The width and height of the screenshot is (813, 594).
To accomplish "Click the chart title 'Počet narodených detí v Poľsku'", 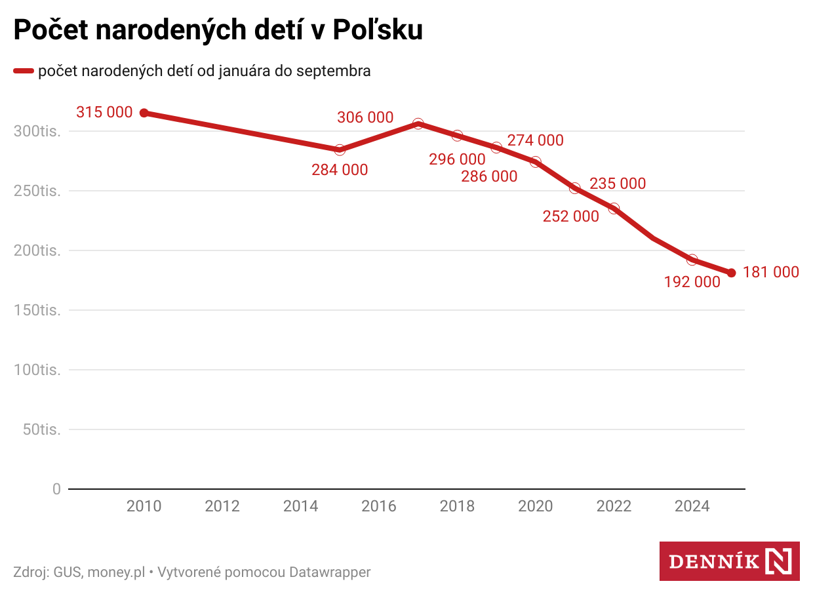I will click(x=218, y=31).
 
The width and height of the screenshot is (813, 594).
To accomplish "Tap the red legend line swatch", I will click(x=24, y=71).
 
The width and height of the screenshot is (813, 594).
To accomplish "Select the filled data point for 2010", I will click(x=144, y=113).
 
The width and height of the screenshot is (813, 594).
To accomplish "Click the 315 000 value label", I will click(x=104, y=112).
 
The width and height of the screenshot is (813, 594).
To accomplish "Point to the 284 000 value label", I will click(x=340, y=170).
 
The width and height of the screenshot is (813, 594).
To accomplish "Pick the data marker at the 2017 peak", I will click(x=418, y=124).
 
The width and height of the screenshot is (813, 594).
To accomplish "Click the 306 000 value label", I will click(x=365, y=117).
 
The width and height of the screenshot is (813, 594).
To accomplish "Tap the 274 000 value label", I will click(x=535, y=140).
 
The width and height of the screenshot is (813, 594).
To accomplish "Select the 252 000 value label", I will click(x=570, y=216).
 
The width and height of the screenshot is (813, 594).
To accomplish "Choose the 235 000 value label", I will click(x=618, y=184).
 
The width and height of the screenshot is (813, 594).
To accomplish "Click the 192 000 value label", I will click(x=692, y=282).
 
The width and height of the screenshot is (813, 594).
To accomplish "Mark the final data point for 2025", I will click(x=732, y=273).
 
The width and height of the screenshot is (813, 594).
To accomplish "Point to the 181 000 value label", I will click(x=771, y=272).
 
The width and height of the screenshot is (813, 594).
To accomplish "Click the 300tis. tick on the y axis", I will click(x=37, y=131).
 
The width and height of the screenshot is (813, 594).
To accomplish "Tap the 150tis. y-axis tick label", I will click(x=37, y=310).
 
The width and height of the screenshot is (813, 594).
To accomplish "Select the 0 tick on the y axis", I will click(x=56, y=489).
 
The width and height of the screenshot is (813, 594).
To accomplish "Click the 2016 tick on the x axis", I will click(x=379, y=506).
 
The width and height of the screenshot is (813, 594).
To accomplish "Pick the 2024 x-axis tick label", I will click(x=692, y=506).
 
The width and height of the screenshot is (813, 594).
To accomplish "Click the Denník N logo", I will click(x=729, y=561).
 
